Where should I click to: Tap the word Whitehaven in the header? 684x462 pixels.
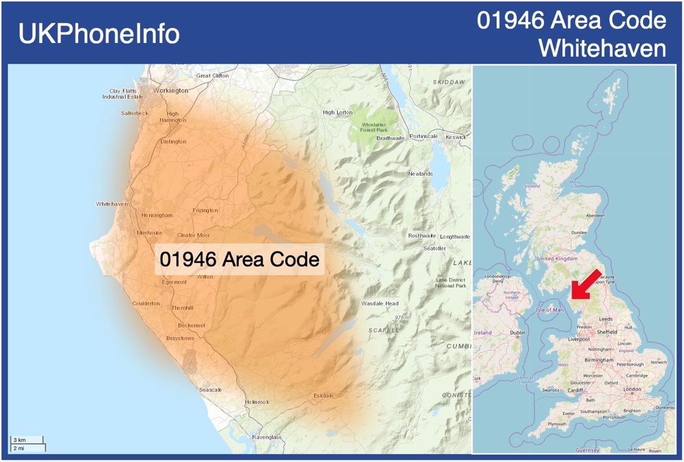(x=603, y=48)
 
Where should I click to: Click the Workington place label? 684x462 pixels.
(x=171, y=90)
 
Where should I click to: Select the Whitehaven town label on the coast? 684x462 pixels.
(x=112, y=204)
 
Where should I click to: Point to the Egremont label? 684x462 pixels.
(x=174, y=282)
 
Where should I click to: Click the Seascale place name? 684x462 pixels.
(x=210, y=389)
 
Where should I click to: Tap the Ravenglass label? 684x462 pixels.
(x=267, y=437)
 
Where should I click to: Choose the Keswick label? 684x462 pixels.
(x=456, y=137)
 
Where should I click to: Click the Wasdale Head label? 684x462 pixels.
(x=380, y=303)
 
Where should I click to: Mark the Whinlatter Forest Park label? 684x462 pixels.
(x=374, y=127)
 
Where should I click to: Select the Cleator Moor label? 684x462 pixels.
(x=193, y=235)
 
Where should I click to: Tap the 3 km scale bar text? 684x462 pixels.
(x=19, y=440)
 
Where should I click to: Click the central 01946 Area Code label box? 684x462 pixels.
(x=239, y=259)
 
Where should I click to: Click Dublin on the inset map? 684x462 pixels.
(x=518, y=333)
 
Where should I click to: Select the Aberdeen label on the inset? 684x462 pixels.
(x=595, y=215)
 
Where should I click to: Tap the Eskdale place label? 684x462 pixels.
(x=323, y=395)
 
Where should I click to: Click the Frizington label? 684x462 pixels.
(x=205, y=210)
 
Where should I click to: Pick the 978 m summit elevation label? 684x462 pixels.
(x=402, y=318)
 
